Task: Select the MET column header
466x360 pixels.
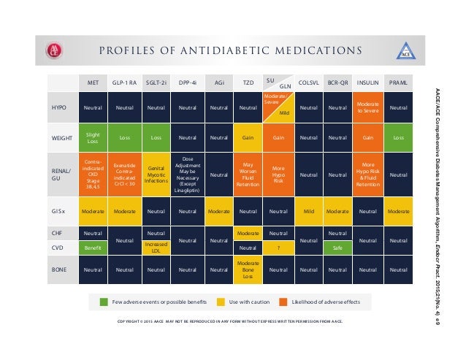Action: pos(93,83)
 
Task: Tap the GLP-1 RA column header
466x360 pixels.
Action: pos(123,83)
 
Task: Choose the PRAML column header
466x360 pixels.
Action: pos(399,83)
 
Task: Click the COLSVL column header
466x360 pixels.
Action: pos(308,83)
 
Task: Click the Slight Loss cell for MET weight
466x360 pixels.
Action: pos(93,138)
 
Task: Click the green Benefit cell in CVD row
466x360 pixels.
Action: pos(93,248)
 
